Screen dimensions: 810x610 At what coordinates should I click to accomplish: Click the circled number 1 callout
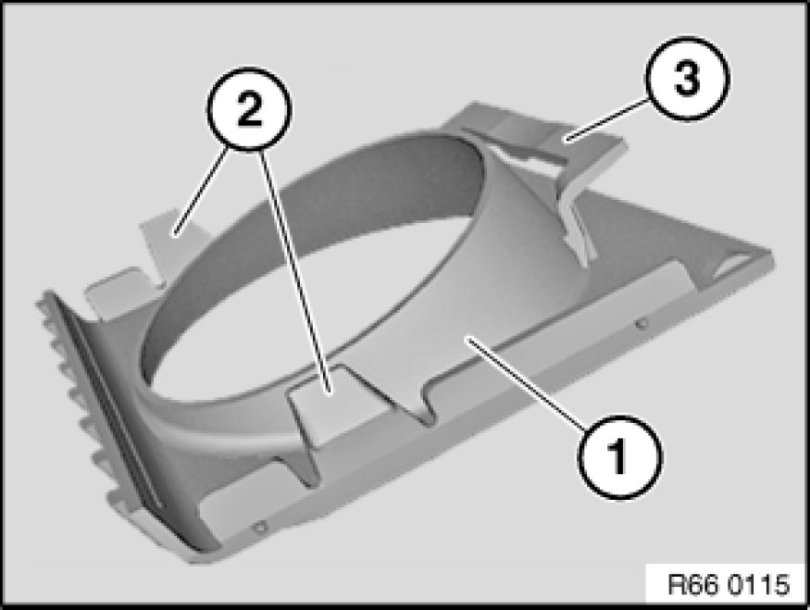619,456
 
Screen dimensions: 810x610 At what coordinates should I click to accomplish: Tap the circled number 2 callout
249,109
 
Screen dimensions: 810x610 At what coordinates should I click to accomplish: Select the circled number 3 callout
687,79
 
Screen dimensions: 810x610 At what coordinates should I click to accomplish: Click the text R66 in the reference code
692,585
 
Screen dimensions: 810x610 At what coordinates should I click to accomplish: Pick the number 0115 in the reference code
758,585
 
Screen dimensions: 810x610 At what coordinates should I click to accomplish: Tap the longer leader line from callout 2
294,270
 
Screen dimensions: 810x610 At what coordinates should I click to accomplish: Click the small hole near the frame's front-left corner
260,528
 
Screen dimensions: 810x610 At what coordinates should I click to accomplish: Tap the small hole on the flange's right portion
642,324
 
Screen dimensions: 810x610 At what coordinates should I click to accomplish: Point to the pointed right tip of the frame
769,256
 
